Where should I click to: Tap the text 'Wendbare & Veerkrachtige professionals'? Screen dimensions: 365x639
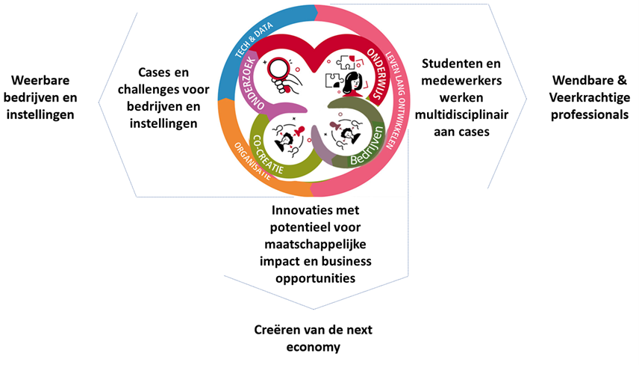tap(589, 98)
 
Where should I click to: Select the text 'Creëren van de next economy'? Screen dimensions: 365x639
tap(317, 337)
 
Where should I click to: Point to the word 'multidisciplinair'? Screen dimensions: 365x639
tap(458, 114)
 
